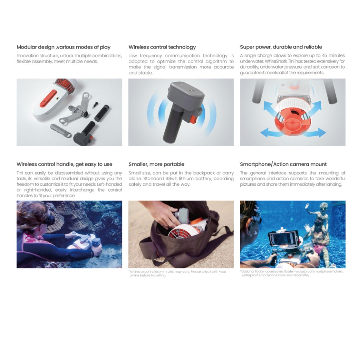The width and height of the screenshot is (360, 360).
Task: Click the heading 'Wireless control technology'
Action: pos(162,47)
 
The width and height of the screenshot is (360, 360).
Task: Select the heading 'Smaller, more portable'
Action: pos(156,164)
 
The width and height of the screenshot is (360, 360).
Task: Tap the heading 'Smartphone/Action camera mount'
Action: pos(283,164)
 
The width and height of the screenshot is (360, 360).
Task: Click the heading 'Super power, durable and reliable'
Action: pos(281,47)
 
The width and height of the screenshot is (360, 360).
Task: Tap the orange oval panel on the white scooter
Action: pos(49,99)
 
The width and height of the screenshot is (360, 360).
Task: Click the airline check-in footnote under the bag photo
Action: pos(177,274)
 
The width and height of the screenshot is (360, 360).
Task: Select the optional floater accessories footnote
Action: pos(291,273)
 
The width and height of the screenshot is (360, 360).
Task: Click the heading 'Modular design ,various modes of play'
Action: pos(64,47)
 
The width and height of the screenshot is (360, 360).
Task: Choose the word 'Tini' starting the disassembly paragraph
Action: pos(20,173)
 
